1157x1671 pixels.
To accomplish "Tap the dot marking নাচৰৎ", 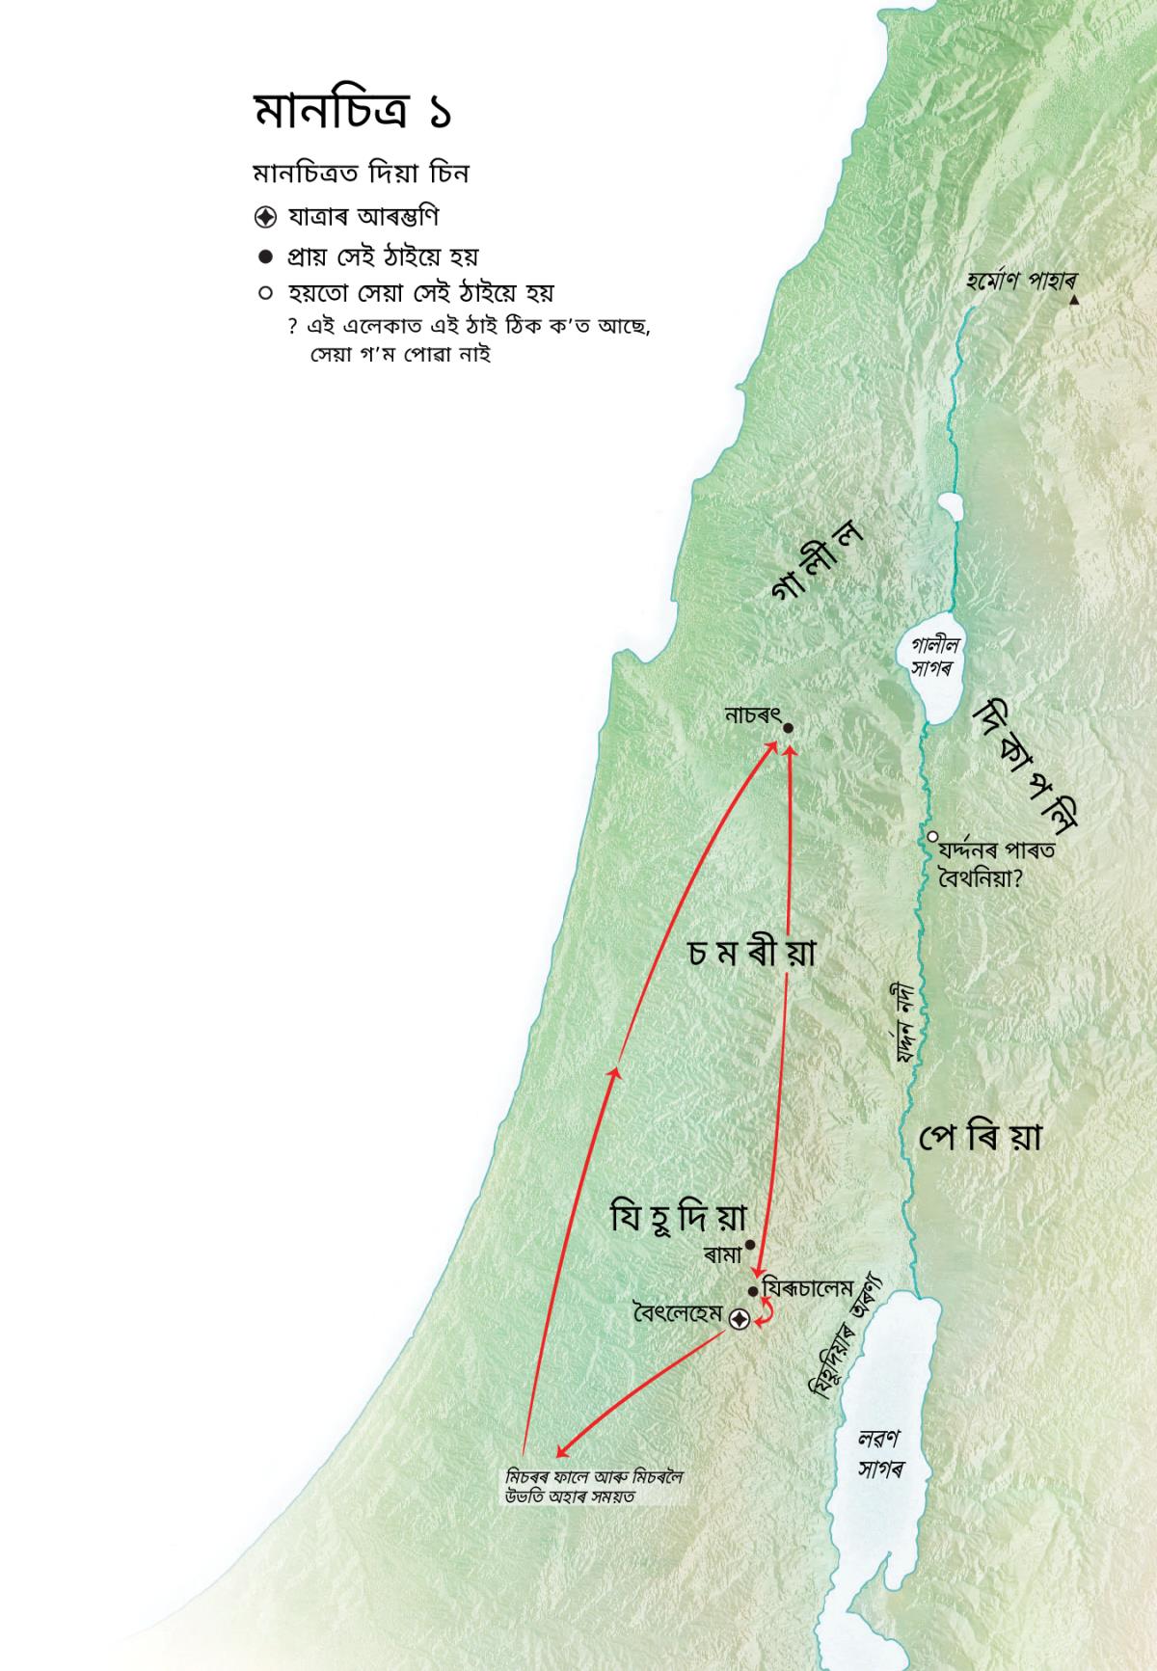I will click(x=788, y=728).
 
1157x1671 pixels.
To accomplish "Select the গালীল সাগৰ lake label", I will click(x=933, y=657).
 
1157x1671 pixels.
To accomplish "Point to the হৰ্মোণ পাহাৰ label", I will click(x=1020, y=282).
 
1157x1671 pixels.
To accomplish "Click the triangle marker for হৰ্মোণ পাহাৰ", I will click(x=1074, y=301).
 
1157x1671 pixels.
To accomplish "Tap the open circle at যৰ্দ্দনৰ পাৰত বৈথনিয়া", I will click(x=932, y=836).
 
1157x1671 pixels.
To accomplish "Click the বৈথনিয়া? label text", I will click(x=981, y=877).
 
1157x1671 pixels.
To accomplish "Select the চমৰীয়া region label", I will click(x=752, y=953).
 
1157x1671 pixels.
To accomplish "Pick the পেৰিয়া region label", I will click(x=980, y=1138).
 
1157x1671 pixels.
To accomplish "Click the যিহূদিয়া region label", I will click(x=679, y=1217).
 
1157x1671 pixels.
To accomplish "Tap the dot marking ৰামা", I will click(x=750, y=1245).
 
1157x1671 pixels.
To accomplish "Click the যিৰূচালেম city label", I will click(x=808, y=1288).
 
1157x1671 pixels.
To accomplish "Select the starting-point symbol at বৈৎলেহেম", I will click(x=740, y=1320).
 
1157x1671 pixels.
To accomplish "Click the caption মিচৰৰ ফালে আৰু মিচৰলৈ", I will click(x=594, y=1476).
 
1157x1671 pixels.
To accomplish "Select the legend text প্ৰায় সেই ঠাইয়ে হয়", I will click(x=384, y=256).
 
